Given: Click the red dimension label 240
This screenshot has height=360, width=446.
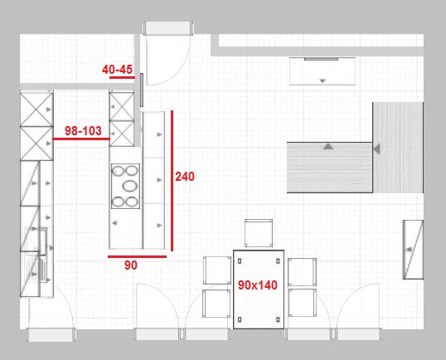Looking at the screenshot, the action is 185,177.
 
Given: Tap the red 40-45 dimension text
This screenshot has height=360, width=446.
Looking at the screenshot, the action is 117,70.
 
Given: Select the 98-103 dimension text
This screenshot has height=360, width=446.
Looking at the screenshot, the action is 83,130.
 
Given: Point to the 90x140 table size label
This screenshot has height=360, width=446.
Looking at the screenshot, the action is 258,285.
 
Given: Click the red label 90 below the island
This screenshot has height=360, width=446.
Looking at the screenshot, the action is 131,265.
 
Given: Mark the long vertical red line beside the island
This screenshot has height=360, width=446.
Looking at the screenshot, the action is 172,181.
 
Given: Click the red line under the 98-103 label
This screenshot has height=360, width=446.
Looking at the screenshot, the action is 81,139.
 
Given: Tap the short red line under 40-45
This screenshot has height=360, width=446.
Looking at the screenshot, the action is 122,77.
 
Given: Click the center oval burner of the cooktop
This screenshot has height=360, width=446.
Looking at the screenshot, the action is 130,186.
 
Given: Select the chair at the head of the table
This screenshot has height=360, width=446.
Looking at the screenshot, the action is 259,233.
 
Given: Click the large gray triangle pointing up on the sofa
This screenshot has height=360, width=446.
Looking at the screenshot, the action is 328,147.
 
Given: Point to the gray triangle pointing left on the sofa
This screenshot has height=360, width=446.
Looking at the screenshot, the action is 376,148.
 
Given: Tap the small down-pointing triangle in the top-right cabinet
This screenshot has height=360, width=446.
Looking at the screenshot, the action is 322,81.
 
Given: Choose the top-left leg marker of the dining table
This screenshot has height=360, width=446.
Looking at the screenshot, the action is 240,261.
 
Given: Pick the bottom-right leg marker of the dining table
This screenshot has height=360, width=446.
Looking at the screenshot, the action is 278,319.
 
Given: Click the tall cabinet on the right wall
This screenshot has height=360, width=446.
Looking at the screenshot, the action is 413,250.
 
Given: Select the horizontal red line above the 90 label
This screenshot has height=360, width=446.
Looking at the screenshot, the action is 137,256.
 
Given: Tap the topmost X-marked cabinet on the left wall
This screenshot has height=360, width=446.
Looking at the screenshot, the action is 36,109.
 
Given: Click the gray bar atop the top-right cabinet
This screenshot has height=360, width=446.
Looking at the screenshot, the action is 321,59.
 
